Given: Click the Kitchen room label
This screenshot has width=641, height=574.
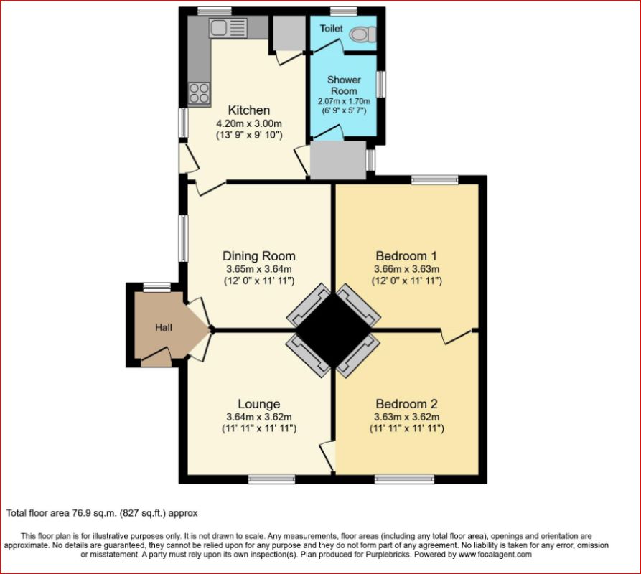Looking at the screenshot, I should click(249, 110).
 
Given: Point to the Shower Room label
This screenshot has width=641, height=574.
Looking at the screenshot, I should click(343, 85).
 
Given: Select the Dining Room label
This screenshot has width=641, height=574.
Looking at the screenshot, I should click(258, 256).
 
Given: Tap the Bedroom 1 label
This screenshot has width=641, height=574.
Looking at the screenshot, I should click(406, 256).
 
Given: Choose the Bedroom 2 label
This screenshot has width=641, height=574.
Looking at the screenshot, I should click(406, 404).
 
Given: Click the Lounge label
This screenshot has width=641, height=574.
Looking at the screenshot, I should click(258, 404).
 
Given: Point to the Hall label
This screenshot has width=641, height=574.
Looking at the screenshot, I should click(164, 328).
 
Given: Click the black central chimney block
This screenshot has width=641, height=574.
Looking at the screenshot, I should click(332, 330).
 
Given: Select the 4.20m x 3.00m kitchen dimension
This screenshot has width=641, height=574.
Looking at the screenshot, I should click(249, 123).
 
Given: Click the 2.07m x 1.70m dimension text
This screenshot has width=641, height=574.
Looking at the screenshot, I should click(343, 102).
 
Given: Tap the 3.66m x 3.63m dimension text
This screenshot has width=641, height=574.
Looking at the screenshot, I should click(406, 269).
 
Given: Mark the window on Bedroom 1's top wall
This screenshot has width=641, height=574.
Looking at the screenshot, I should click(435, 180).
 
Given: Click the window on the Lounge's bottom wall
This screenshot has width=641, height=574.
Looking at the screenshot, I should click(272, 478).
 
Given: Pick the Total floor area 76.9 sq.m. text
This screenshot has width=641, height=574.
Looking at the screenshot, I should click(102, 513).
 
